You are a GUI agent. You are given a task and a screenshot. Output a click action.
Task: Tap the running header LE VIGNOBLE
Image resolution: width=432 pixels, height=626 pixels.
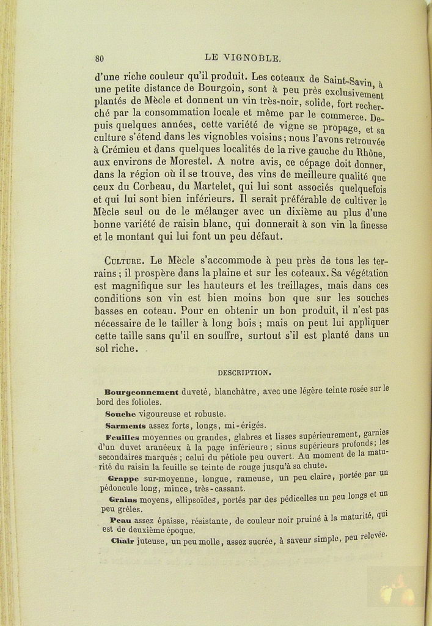(x=243, y=58)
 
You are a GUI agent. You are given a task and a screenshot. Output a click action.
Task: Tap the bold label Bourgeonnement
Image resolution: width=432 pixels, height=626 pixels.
(x=141, y=392)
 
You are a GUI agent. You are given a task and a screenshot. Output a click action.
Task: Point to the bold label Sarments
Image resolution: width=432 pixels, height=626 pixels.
(x=125, y=425)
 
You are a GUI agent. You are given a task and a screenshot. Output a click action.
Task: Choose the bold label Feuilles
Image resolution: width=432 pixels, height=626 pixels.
(x=122, y=436)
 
